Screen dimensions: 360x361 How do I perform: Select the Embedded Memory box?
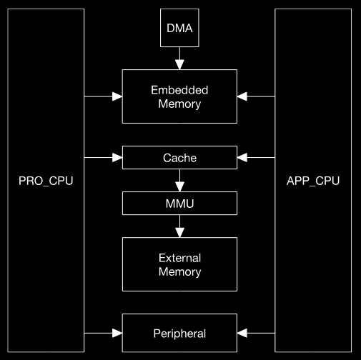(x=180, y=96)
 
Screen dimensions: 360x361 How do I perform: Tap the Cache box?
(x=180, y=158)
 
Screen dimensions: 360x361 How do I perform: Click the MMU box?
(x=180, y=204)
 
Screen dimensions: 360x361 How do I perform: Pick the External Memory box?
(x=180, y=264)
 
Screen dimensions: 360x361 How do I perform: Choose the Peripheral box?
(x=180, y=334)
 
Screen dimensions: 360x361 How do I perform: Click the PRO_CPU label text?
(x=46, y=181)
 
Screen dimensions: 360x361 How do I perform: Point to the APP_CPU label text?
(x=313, y=181)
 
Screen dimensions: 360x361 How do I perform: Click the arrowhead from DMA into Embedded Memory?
(x=180, y=64)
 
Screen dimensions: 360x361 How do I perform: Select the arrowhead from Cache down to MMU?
(x=180, y=186)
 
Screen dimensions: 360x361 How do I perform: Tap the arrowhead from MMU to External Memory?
(x=180, y=232)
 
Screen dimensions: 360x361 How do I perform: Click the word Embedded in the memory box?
(x=180, y=90)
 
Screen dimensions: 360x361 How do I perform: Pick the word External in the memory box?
(x=180, y=258)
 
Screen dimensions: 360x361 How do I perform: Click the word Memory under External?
(x=180, y=271)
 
